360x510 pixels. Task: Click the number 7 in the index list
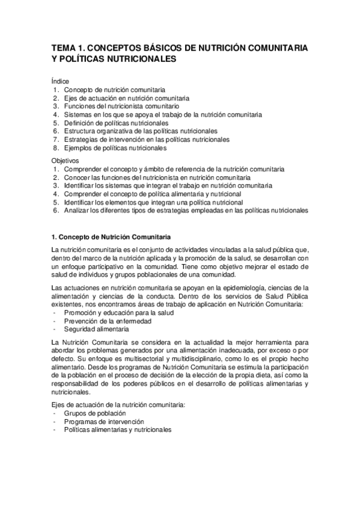(55, 140)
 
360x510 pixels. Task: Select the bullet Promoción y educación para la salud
(111, 313)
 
